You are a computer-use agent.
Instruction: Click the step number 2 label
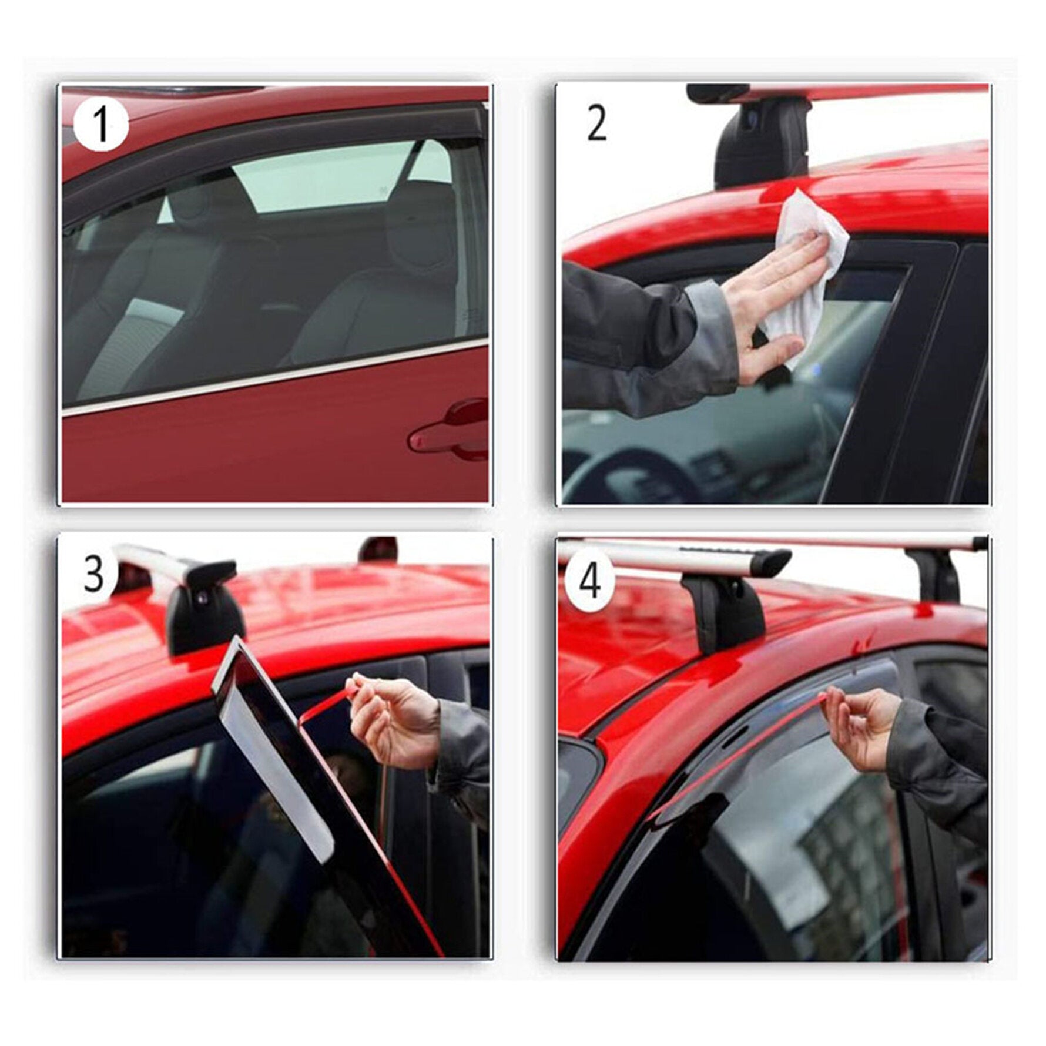(x=596, y=125)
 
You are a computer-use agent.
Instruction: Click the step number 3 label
(x=94, y=574)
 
